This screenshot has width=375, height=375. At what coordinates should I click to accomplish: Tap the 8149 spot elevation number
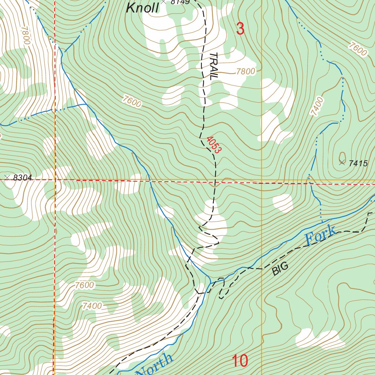point(180,2)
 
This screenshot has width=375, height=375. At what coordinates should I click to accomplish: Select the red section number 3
point(240,29)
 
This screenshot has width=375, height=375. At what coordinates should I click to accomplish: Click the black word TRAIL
point(213,66)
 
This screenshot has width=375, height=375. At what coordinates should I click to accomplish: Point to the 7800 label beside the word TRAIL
point(245,71)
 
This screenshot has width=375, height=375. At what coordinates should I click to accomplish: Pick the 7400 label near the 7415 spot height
point(317,106)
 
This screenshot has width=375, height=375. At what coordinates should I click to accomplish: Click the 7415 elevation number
point(358,164)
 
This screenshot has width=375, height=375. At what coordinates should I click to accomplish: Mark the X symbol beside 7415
point(342,163)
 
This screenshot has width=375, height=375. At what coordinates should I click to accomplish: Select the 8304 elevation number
point(22,178)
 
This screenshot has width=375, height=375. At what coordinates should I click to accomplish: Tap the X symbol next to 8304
point(7,178)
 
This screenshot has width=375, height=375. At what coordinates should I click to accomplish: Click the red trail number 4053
point(214,145)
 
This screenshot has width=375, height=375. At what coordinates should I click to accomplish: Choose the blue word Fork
point(320,236)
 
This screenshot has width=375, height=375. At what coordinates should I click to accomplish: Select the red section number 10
point(240,361)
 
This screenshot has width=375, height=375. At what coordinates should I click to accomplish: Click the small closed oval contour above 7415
point(342,155)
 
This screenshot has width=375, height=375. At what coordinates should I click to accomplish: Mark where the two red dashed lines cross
point(55,180)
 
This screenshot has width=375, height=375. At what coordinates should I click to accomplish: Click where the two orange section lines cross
point(261,181)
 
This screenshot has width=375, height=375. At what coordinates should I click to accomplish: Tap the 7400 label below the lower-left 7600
point(92,305)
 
